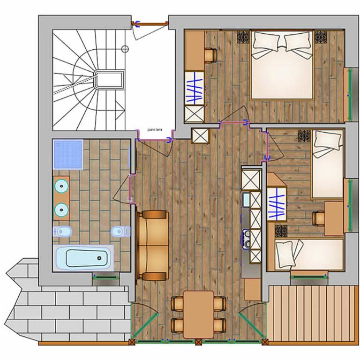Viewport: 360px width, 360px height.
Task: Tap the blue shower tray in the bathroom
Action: click(68, 154)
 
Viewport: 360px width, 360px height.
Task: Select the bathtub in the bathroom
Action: click(83, 258)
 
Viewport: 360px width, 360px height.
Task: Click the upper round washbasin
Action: click(61, 186)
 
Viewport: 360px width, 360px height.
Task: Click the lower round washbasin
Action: click(61, 210)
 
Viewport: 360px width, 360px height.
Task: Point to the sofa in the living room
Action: click(153, 246)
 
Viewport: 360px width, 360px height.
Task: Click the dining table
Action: click(199, 315)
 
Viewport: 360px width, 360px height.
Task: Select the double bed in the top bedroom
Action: click(282, 65)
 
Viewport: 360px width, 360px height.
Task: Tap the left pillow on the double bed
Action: click(265, 42)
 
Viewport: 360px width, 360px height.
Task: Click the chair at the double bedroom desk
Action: click(210, 55)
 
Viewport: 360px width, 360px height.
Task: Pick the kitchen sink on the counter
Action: click(246, 199)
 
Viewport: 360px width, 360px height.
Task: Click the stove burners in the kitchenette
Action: click(247, 239)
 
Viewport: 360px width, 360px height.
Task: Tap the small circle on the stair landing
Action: click(125, 49)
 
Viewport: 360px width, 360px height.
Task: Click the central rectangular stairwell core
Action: click(109, 80)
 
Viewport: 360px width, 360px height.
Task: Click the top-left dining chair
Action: click(178, 304)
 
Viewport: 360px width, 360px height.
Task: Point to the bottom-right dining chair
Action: click(220, 325)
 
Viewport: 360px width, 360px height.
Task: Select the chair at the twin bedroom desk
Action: click(318, 218)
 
